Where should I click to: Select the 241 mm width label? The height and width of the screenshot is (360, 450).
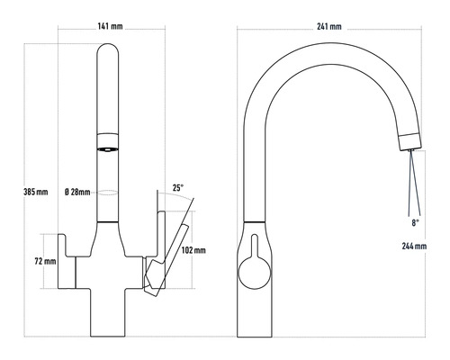click(329, 27)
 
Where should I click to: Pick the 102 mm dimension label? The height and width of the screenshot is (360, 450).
click(193, 250)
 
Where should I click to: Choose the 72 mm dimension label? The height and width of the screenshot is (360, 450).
click(45, 261)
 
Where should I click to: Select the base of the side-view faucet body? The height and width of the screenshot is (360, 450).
click(254, 315)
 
